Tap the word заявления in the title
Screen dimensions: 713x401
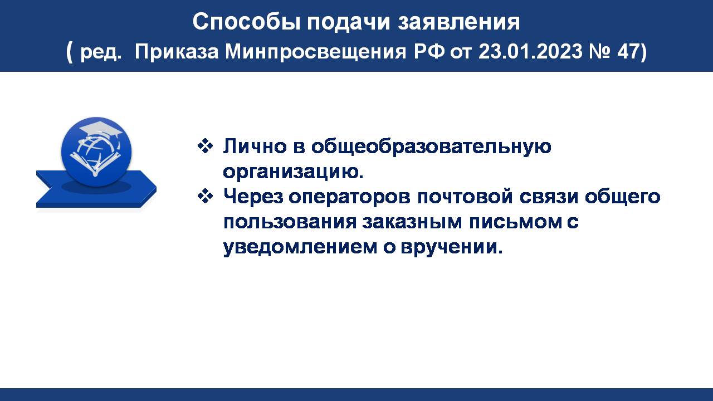[458, 22]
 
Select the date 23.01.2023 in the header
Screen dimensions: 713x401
[531, 51]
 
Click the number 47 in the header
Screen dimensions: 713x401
[628, 51]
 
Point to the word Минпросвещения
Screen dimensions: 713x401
[316, 52]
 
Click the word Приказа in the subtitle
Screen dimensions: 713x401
[177, 52]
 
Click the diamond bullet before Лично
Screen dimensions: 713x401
[206, 146]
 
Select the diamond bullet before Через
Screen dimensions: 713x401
[206, 196]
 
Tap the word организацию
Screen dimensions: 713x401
[293, 173]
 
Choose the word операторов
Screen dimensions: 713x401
[349, 197]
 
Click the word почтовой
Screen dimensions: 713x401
[465, 197]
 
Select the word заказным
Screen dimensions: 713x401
[412, 222]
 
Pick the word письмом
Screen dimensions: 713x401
[516, 222]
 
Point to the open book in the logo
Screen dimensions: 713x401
[95, 163]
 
